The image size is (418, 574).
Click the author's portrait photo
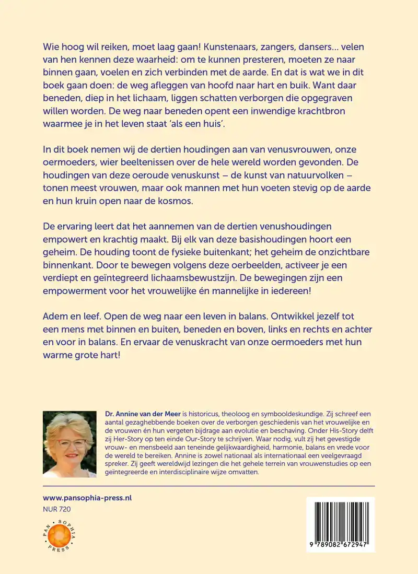tap(69, 444)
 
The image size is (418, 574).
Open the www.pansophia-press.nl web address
tap(87, 498)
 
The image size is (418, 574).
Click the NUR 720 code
tap(56, 509)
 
